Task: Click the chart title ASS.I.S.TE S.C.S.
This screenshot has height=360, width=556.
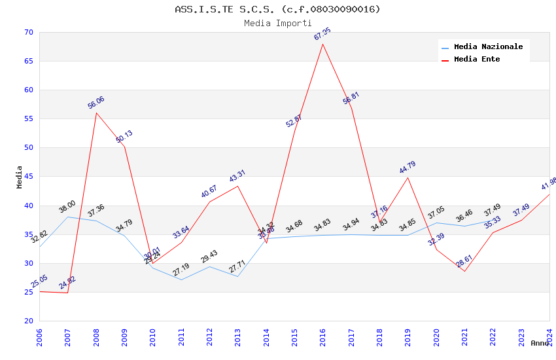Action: tap(277, 9)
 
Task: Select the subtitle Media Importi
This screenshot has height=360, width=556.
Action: tap(277, 23)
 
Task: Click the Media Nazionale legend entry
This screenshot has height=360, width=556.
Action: tap(488, 46)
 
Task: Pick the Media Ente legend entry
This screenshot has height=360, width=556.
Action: tap(477, 59)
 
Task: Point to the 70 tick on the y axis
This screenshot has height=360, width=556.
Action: tap(28, 32)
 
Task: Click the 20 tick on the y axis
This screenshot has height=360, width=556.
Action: tap(28, 321)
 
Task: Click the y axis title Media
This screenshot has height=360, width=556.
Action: tap(20, 177)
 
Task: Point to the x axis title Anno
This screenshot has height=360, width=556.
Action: tap(540, 343)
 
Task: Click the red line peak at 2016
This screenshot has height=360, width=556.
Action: tap(323, 44)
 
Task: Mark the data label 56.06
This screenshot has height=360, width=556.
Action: tap(96, 103)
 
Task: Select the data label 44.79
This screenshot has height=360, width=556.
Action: tap(408, 168)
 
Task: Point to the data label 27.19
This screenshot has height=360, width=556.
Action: tap(181, 269)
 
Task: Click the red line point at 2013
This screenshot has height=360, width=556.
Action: tap(237, 186)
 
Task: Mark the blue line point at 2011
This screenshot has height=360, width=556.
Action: tap(181, 279)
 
